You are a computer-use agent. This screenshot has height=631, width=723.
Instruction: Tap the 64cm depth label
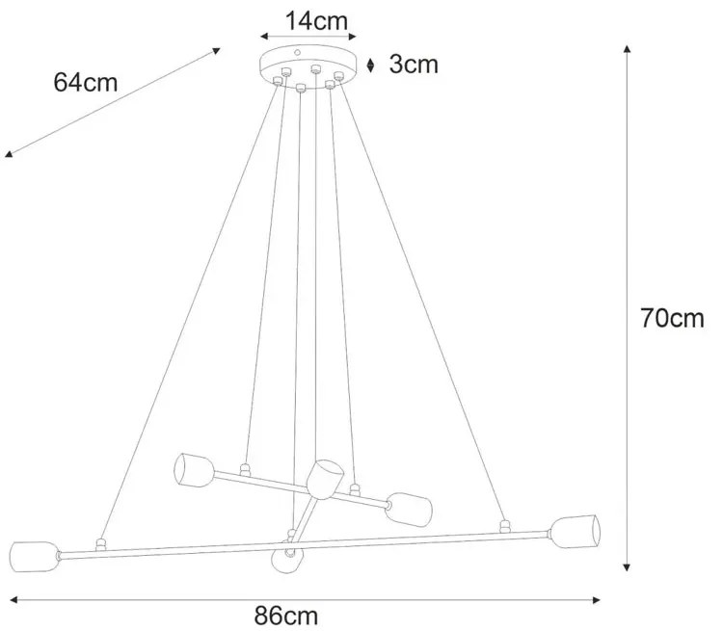coord(86,82)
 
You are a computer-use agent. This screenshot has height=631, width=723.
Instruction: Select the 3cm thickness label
coord(414,65)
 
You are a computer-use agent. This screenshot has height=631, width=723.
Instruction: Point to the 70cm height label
coord(673,318)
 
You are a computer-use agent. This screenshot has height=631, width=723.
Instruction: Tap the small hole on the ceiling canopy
coord(298,53)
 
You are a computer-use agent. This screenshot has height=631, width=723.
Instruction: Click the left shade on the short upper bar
coord(193,469)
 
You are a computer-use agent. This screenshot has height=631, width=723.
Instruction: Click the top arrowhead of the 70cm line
coord(628,48)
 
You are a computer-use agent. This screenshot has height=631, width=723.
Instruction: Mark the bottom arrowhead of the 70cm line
coord(628,568)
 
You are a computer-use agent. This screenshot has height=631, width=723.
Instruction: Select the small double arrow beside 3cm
coord(373,65)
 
